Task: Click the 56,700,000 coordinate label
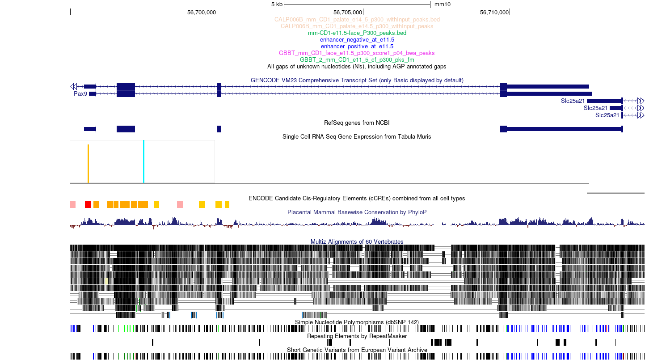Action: coord(201,13)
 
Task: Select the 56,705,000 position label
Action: coord(348,13)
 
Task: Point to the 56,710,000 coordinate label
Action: coord(494,13)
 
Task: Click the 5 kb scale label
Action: coord(277,4)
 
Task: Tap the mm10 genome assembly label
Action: coord(442,4)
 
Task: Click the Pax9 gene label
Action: coord(80,93)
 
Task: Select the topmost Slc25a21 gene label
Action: coord(573,101)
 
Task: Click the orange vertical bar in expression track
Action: coord(88,164)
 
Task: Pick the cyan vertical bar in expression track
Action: coord(143,161)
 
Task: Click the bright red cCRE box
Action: coord(88,204)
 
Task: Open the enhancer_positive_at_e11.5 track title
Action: coord(357,47)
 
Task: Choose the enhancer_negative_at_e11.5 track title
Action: coord(357,40)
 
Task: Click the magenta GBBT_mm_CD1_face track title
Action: coord(357,53)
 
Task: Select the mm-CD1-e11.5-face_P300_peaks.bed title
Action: coord(357,33)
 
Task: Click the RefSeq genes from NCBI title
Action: coord(357,123)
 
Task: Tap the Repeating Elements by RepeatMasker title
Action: coord(357,336)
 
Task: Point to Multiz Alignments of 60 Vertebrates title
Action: coord(357,242)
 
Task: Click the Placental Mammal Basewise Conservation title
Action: coord(357,212)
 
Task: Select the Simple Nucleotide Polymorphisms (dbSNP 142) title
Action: coord(357,322)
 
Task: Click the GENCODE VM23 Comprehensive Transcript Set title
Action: coord(357,80)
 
